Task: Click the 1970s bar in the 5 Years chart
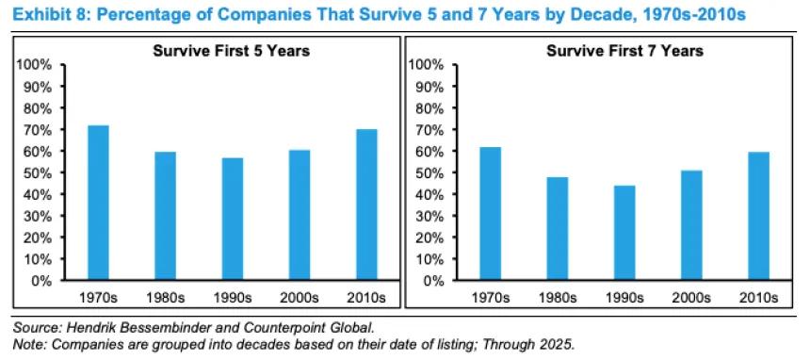click(x=98, y=203)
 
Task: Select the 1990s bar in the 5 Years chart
click(x=232, y=219)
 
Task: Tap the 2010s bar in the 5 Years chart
click(x=366, y=205)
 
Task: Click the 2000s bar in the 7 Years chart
click(x=692, y=225)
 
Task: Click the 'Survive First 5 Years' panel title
click(x=232, y=51)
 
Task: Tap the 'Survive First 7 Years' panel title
click(x=625, y=51)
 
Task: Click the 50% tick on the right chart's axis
click(x=428, y=173)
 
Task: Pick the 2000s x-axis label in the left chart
click(x=300, y=299)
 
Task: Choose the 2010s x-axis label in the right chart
click(x=759, y=299)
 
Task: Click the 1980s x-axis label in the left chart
click(x=165, y=299)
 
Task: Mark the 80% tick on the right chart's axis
click(x=428, y=108)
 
